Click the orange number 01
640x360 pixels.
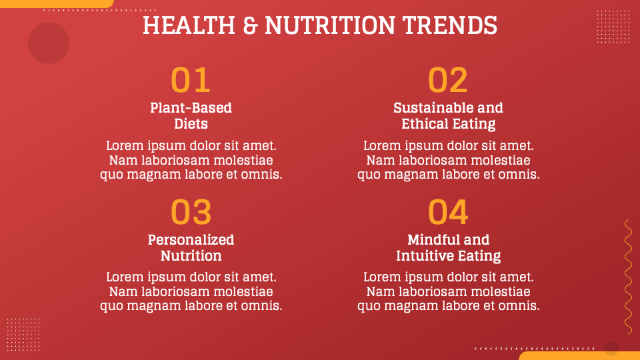[191, 81]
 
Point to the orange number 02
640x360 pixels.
[448, 81]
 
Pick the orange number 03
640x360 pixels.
[191, 213]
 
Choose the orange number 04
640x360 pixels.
[448, 213]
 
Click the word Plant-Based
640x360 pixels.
[191, 108]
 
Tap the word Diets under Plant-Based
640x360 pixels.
[191, 124]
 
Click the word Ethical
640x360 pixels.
[425, 124]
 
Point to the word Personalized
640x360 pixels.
[191, 240]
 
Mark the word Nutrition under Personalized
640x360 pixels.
[191, 256]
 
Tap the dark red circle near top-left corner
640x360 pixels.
[49, 43]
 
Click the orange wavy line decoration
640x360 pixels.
[628, 277]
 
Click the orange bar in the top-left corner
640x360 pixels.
[57, 3]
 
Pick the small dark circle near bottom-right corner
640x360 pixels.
[611, 348]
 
